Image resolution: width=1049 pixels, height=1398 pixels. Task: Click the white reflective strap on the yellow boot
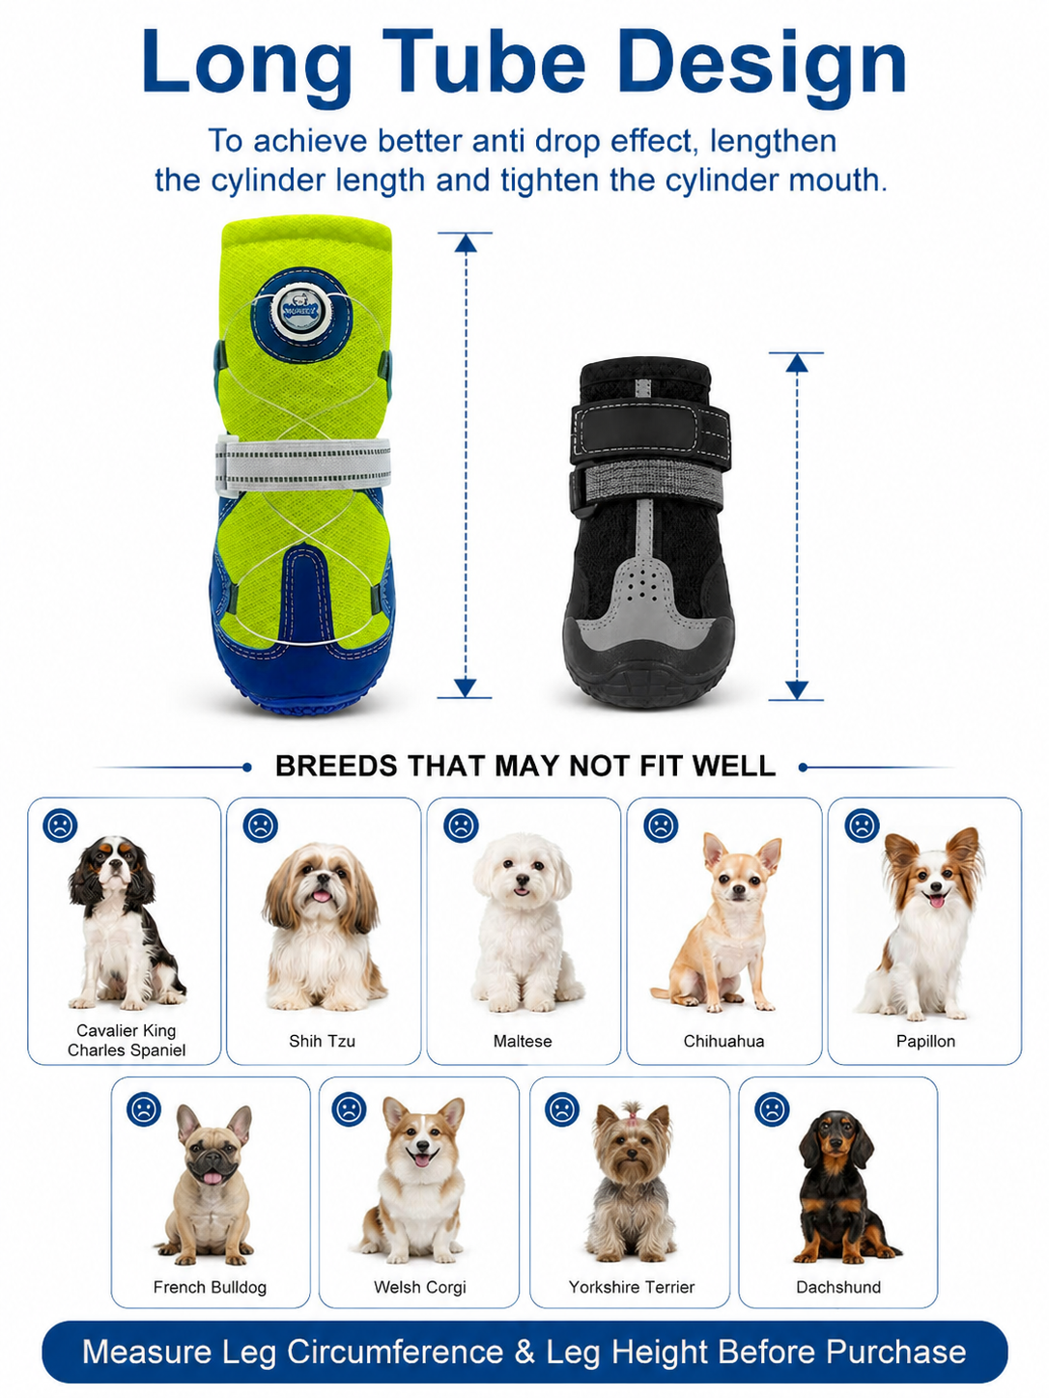[x=302, y=463]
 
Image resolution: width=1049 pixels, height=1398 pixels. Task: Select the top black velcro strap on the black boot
[x=650, y=432]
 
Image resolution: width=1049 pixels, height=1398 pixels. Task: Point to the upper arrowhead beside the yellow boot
[x=466, y=243]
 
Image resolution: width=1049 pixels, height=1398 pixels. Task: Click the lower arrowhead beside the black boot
[x=797, y=689]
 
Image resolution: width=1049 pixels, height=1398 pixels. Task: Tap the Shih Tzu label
[x=322, y=1042]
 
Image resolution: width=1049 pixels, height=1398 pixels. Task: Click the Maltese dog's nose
[x=523, y=881]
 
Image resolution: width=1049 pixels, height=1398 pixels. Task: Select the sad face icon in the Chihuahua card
[x=661, y=826]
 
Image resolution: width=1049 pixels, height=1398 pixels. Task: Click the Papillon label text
[x=925, y=1042]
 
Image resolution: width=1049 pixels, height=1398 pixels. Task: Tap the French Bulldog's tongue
[x=213, y=1178]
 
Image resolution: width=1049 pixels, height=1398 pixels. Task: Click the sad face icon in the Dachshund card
[x=772, y=1109]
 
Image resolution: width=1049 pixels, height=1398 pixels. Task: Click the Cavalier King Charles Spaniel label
[x=127, y=1040]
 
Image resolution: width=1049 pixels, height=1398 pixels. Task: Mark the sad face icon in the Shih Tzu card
[x=260, y=826]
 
